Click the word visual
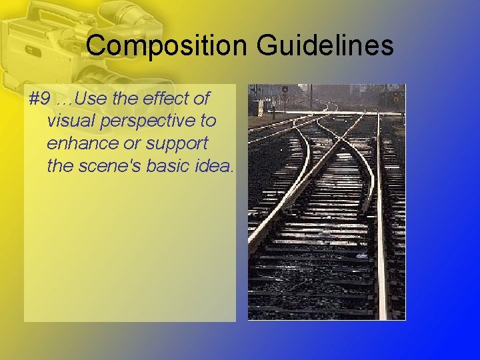pos(69,121)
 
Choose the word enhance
pos(81,143)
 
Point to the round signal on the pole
pos(285,89)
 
